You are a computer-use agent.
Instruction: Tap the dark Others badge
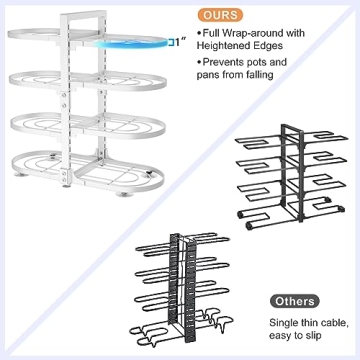coord(295,300)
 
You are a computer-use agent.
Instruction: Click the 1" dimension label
coord(177,43)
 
